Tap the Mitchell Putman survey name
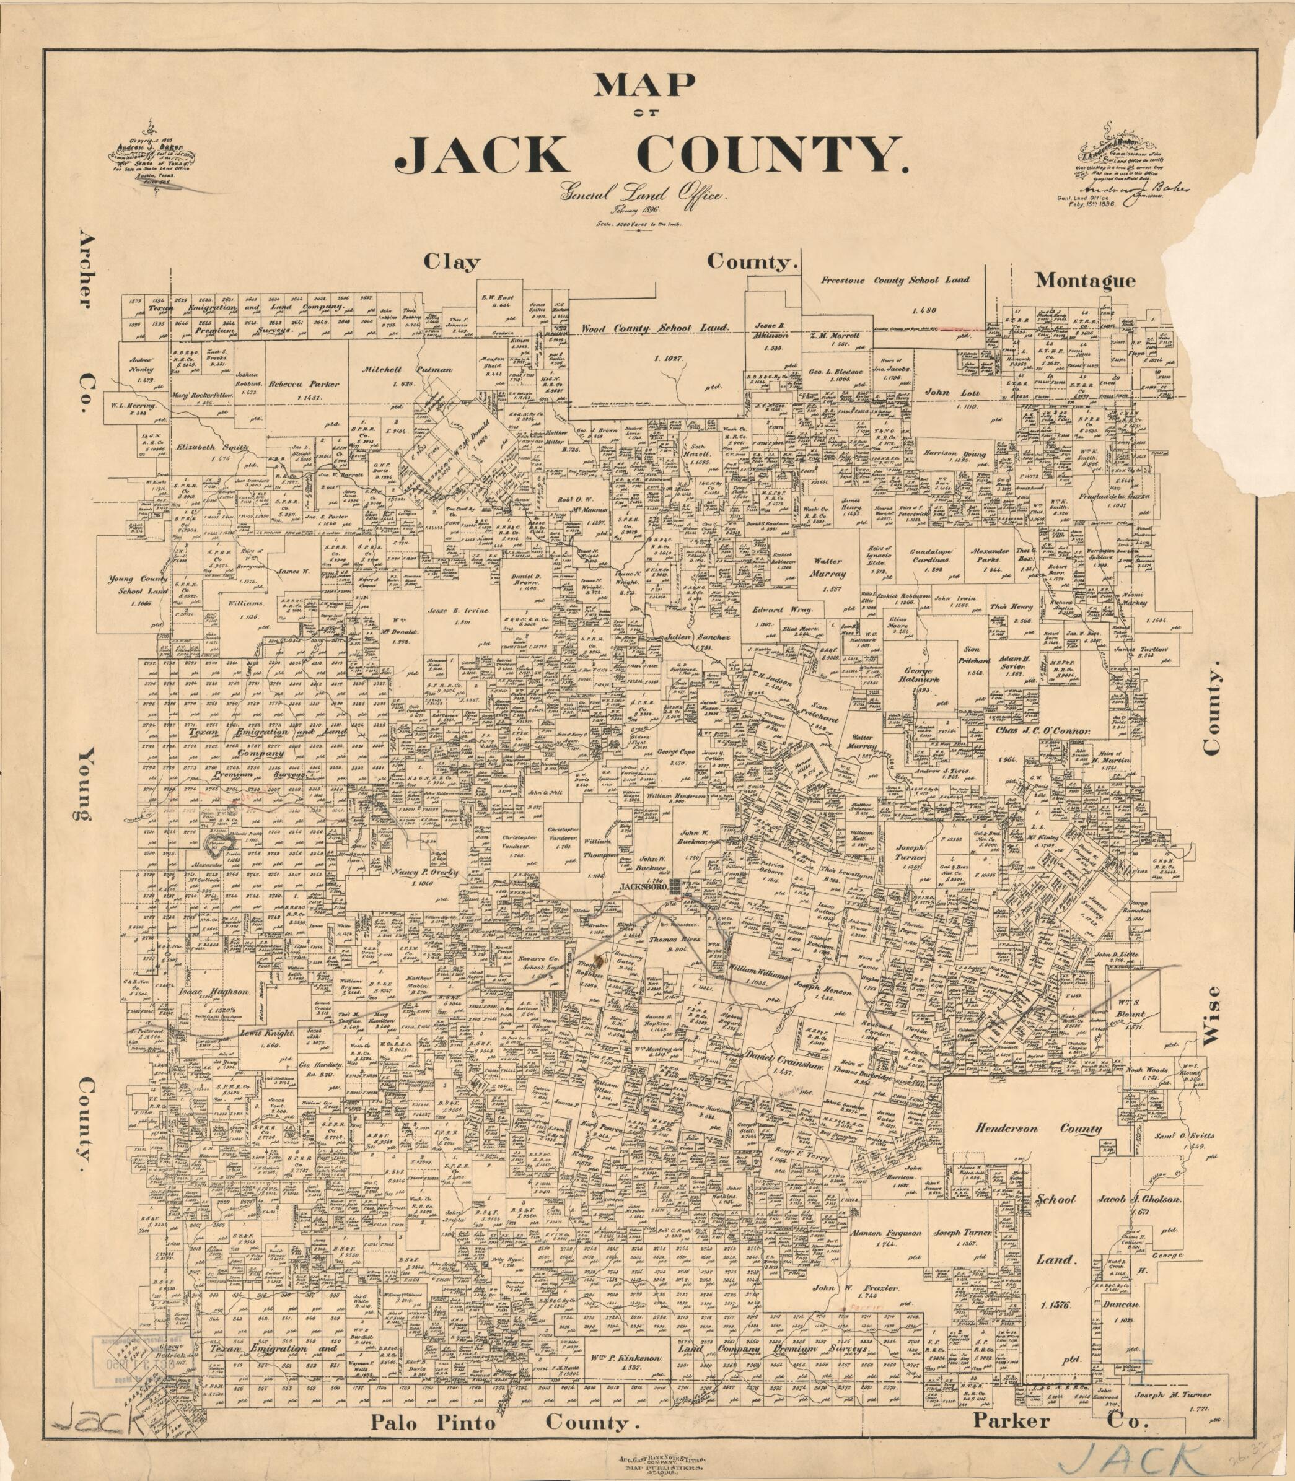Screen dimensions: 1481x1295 [418, 369]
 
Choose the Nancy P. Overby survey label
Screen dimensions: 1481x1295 [426, 872]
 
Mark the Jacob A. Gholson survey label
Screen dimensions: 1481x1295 [1139, 1199]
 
